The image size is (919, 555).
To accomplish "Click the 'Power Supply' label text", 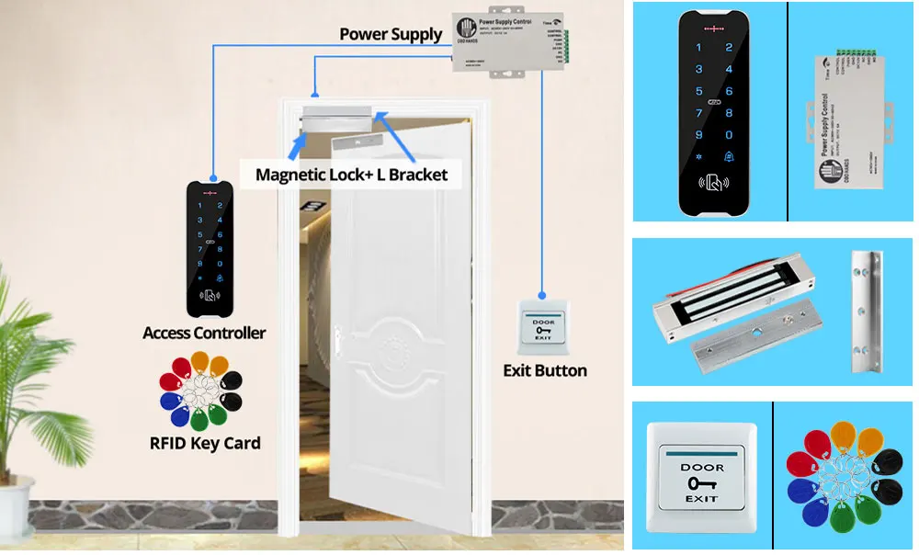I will (x=391, y=35).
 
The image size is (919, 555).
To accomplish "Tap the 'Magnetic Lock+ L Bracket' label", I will (x=351, y=174).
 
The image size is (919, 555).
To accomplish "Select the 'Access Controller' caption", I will (x=204, y=333).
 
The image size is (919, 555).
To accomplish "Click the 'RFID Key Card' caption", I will (x=205, y=443).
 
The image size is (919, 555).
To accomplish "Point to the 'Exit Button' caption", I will (x=545, y=370).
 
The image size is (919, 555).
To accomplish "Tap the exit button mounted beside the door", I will (x=544, y=325).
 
